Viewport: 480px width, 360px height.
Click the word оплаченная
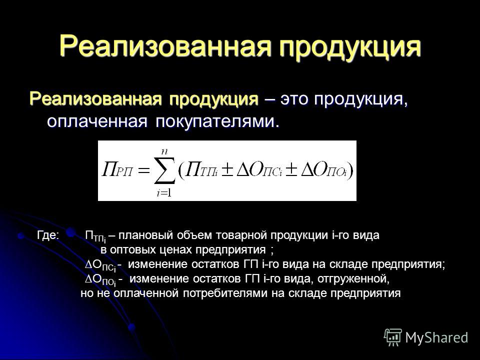(97, 121)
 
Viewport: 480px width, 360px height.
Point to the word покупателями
(218, 121)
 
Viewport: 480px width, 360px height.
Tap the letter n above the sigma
(165, 151)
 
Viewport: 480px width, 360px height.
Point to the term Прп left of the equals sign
(117, 170)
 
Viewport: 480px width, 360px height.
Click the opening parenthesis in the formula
(180, 170)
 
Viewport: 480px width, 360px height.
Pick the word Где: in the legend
(48, 235)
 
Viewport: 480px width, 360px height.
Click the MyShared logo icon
(393, 337)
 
